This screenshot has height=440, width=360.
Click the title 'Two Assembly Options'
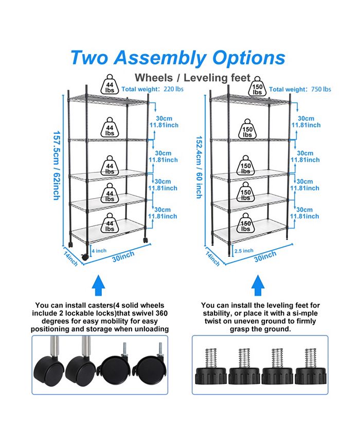[177, 57]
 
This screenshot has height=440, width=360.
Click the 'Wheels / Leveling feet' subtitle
[192, 78]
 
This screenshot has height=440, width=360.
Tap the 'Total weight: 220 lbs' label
[152, 89]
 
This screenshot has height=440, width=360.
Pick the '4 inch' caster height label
[99, 251]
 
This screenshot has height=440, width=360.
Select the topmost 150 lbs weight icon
[258, 88]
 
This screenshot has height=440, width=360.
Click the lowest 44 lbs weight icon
[110, 224]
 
